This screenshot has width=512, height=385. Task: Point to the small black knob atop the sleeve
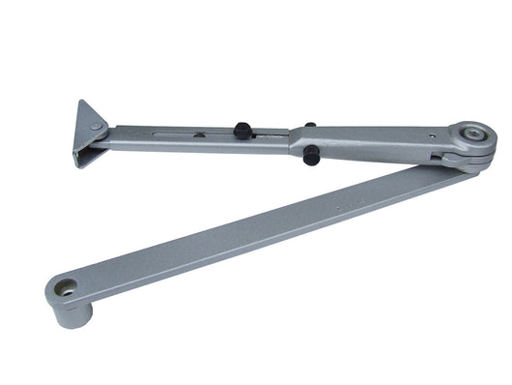pos(308,125)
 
